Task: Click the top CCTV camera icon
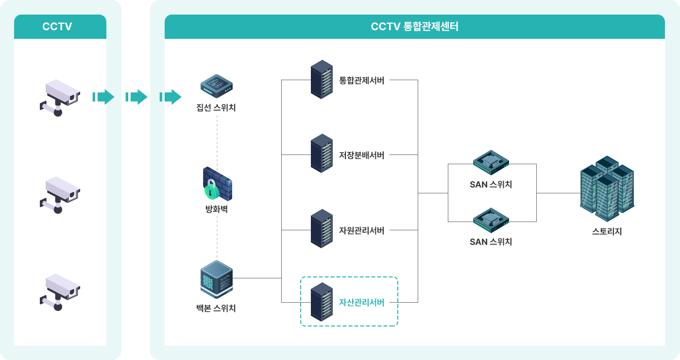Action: click(60, 98)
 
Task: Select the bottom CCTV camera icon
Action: click(60, 292)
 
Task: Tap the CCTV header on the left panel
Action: click(57, 26)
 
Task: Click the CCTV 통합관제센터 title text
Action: click(414, 26)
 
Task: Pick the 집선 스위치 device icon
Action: click(217, 86)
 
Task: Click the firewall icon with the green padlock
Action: click(218, 184)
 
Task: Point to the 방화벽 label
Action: click(217, 209)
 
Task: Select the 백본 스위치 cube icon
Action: click(217, 279)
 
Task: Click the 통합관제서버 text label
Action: click(361, 81)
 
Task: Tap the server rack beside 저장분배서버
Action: click(322, 154)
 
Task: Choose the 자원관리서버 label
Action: click(361, 230)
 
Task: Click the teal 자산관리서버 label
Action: click(361, 302)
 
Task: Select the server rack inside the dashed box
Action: click(322, 302)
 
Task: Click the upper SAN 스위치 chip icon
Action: click(491, 162)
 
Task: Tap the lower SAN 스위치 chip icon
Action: click(491, 220)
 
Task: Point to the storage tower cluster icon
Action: click(607, 189)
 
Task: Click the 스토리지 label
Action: click(607, 232)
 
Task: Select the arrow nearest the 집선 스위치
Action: click(170, 97)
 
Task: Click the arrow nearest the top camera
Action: click(103, 97)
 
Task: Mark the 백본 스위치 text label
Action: click(216, 308)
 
